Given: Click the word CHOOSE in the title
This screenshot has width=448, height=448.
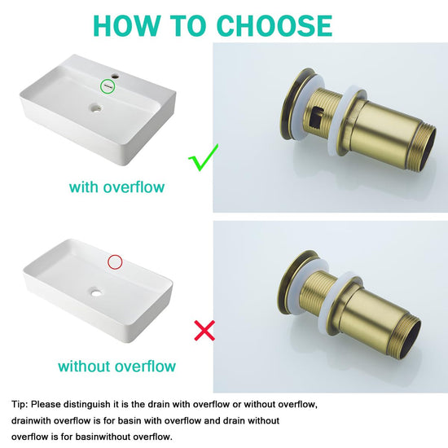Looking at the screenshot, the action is [275, 25].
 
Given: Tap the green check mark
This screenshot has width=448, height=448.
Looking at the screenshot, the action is [203, 157].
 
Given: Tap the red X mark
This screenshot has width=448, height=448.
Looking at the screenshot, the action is [204, 331].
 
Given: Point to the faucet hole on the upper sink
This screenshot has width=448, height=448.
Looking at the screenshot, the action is [115, 77].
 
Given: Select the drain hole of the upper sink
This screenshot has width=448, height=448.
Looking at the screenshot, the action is [95, 108].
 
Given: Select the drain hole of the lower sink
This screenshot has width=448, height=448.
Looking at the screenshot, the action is [96, 292].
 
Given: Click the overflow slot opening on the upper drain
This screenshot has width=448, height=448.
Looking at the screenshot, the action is [317, 117].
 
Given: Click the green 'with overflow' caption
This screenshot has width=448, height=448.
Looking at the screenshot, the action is [116, 187].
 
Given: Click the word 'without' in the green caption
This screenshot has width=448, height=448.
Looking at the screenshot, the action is [84, 366].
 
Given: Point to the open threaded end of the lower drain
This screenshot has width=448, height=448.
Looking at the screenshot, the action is [409, 340].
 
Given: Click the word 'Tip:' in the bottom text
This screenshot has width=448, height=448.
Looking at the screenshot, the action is [20, 404].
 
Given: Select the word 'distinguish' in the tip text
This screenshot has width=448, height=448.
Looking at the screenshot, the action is [87, 405].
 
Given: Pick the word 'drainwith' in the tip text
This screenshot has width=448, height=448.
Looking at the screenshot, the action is [31, 420].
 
